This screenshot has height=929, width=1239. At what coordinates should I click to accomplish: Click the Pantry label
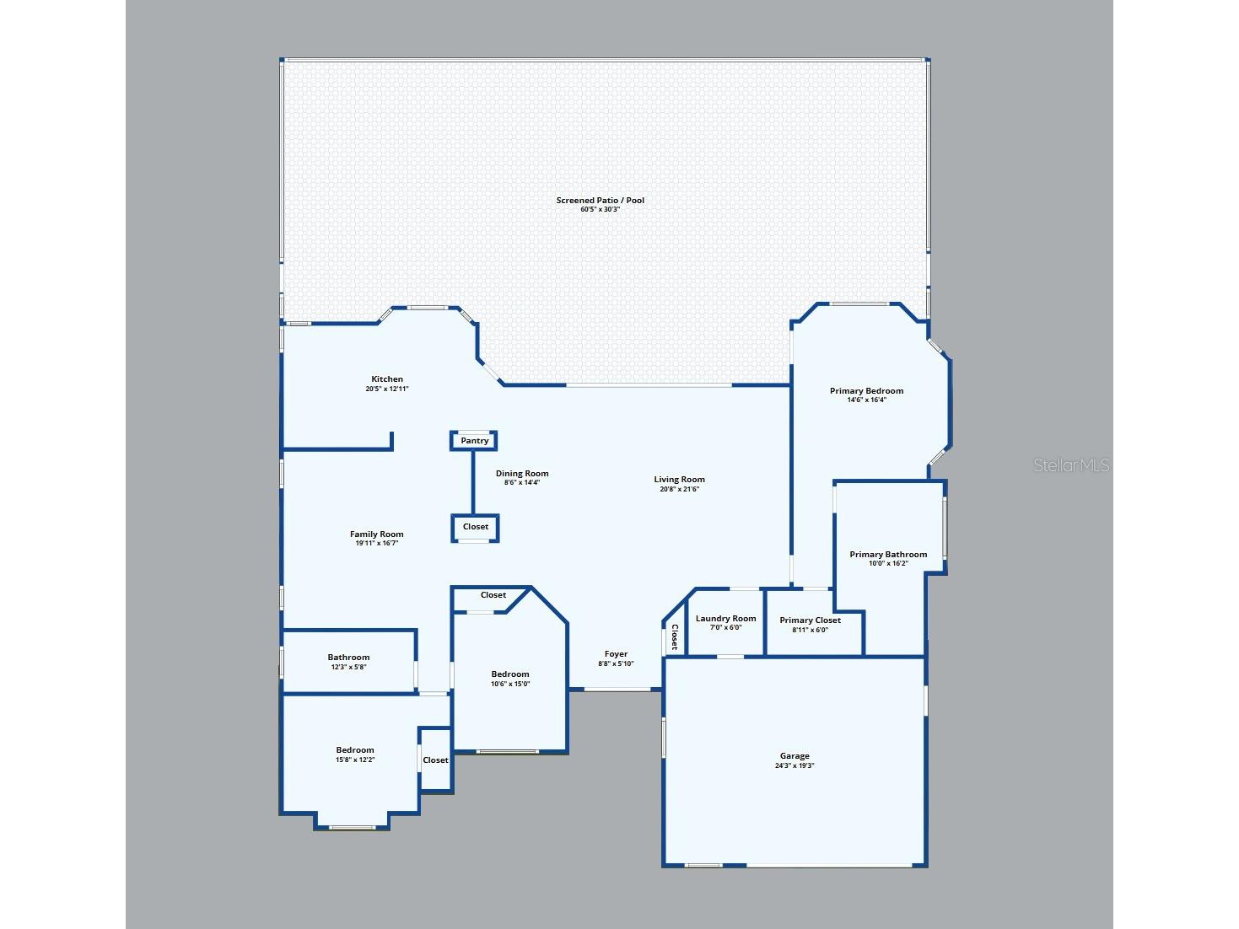click(474, 441)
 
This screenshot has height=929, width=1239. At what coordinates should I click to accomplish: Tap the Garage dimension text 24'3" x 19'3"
click(795, 765)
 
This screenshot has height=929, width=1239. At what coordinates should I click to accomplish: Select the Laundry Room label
click(725, 618)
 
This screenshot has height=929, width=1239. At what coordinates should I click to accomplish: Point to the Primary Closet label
click(810, 620)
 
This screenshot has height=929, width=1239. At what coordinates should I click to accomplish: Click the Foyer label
click(616, 653)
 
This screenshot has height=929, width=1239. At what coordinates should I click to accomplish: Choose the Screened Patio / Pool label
click(600, 200)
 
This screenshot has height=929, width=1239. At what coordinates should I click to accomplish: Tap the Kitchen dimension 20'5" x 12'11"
click(386, 389)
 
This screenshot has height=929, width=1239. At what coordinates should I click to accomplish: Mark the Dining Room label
click(522, 473)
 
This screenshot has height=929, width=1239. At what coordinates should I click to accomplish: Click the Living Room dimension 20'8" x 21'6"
click(679, 489)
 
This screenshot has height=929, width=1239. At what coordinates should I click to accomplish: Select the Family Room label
click(376, 534)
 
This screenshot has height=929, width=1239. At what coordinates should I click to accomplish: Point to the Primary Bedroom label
click(866, 390)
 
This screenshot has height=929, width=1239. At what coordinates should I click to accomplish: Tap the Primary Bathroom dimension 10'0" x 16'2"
click(888, 563)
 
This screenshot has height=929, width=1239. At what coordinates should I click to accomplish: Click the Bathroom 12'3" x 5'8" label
click(348, 662)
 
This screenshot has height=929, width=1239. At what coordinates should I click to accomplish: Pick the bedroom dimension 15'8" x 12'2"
click(355, 760)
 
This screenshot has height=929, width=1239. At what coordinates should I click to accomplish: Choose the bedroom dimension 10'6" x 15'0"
click(510, 685)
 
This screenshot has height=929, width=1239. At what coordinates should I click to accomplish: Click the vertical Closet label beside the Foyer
click(674, 636)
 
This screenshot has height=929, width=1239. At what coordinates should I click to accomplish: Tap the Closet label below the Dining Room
click(476, 526)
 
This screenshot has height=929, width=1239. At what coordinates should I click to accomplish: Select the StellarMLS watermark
click(1071, 465)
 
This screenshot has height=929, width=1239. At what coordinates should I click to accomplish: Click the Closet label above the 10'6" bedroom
click(493, 594)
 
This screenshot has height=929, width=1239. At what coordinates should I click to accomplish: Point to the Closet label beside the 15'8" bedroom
click(435, 760)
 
